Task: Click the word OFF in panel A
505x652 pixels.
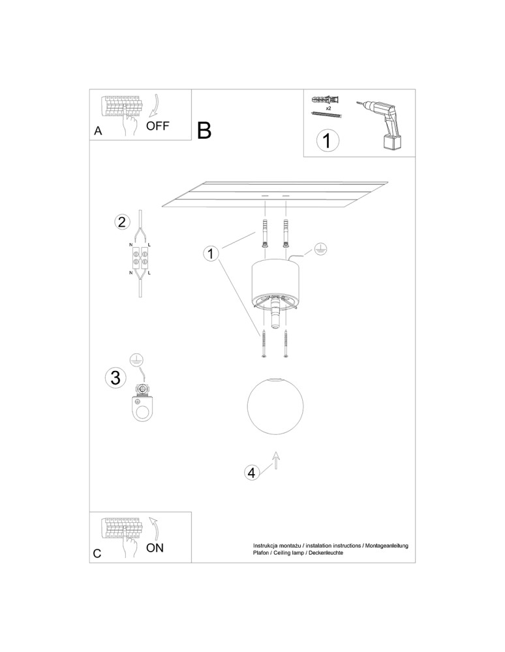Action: pos(157,126)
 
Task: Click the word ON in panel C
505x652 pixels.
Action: pos(155,548)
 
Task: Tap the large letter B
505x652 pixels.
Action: pos(204,130)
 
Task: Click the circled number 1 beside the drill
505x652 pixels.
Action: pos(328,141)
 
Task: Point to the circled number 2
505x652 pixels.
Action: pos(121,222)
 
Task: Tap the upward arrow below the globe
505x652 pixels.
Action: pos(275,460)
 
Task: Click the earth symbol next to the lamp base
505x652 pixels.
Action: pos(320,248)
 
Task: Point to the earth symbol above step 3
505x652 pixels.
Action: pos(136,358)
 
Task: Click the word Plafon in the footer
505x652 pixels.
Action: pos(262,552)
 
